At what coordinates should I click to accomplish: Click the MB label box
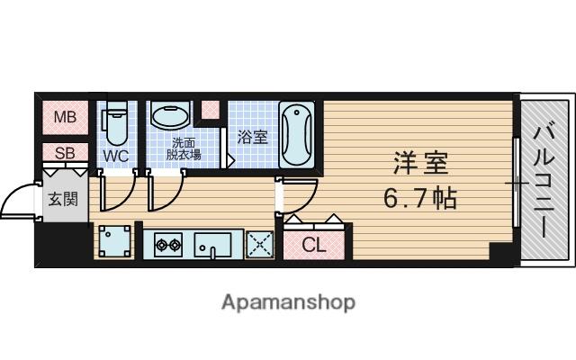tap(64, 117)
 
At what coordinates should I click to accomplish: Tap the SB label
tap(64, 153)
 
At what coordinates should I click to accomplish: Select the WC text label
tap(116, 156)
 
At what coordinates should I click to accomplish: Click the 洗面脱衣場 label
tap(185, 148)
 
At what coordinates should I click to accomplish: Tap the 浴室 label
tap(252, 137)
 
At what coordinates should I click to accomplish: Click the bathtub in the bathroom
tap(296, 134)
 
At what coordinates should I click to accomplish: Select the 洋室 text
tap(419, 164)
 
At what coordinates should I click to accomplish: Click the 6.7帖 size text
tap(419, 195)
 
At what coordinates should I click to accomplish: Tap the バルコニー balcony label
tap(544, 180)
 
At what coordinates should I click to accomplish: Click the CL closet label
tap(314, 244)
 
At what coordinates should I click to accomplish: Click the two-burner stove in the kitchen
tap(168, 243)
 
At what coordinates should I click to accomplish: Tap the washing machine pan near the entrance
tap(114, 239)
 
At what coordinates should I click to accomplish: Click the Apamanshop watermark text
tap(288, 301)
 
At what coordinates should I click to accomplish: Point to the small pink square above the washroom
tap(211, 110)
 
